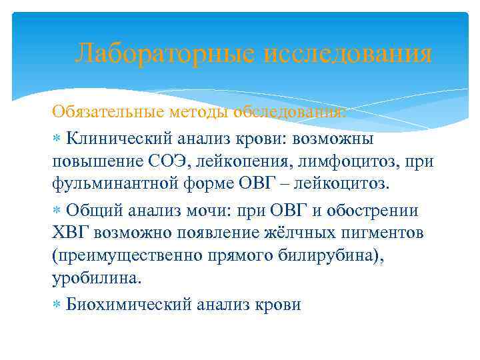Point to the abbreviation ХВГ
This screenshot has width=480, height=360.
[71, 233]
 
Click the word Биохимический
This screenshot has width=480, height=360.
[129, 305]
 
